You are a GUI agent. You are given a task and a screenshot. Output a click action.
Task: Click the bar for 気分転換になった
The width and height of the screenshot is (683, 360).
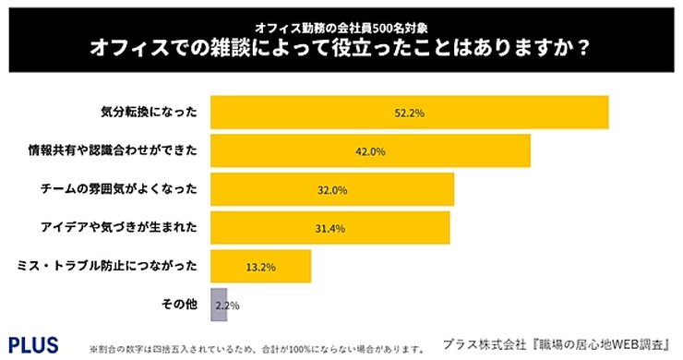[x=410, y=112]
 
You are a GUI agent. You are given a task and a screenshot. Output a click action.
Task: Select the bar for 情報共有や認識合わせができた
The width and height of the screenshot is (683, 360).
[x=370, y=150]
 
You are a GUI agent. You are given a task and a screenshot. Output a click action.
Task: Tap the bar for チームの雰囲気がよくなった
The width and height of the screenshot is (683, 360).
[x=332, y=189]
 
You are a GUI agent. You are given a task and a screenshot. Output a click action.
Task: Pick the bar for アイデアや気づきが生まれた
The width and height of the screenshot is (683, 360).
[x=330, y=228]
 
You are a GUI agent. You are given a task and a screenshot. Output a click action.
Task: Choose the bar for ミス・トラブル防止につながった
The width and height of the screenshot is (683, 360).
[x=260, y=267]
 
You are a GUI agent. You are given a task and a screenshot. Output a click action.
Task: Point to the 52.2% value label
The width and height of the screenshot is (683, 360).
[x=409, y=113]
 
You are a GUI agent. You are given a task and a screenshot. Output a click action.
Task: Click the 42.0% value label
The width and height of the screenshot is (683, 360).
[x=370, y=151]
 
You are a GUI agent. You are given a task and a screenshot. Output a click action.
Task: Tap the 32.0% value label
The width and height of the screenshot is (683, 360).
[x=332, y=190]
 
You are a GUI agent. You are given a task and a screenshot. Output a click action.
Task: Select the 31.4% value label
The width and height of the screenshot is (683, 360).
[x=330, y=228]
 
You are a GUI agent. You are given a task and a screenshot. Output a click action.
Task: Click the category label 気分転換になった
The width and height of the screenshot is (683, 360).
[x=148, y=112]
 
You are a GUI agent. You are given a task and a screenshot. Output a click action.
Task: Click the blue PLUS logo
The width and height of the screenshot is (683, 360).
[x=33, y=344]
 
